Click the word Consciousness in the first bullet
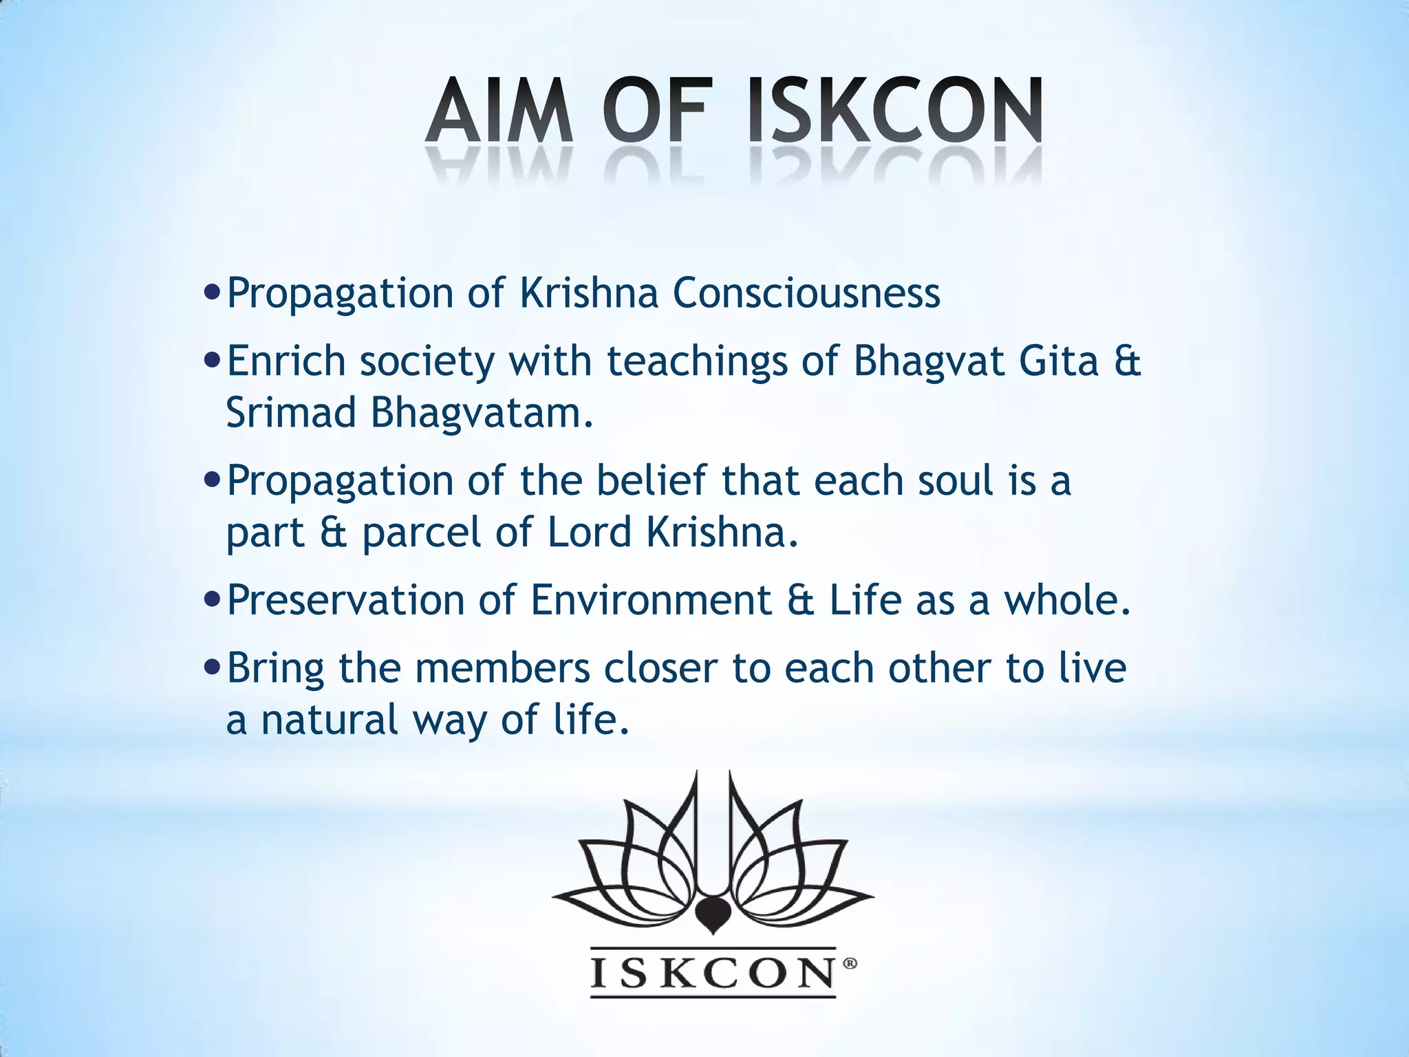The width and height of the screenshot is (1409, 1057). point(806,293)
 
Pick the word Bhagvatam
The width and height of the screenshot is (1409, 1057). point(482,413)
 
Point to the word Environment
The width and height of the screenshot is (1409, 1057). point(651,599)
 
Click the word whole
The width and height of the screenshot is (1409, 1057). point(1067,599)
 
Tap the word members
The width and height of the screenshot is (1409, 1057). point(503,668)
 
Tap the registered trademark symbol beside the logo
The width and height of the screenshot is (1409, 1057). point(850,965)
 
